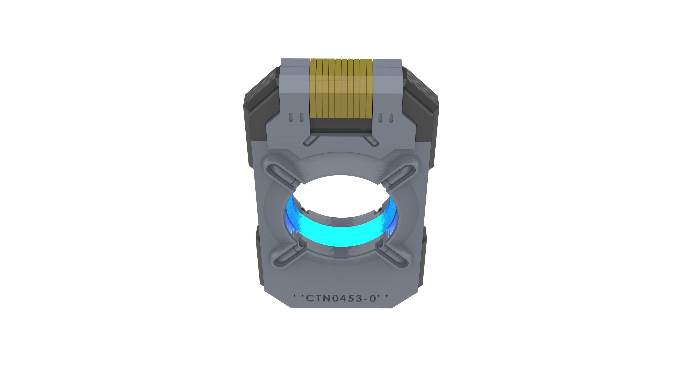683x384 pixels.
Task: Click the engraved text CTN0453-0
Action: tap(341, 298)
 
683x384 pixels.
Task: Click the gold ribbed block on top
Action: tap(341, 89)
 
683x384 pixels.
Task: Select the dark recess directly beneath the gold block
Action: tap(341, 125)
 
